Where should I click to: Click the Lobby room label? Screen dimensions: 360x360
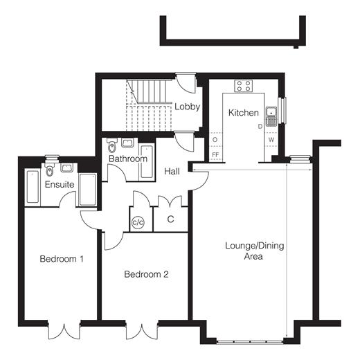[187, 107]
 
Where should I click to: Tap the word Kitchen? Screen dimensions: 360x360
[244, 113]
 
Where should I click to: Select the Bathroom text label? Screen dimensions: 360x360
[128, 159]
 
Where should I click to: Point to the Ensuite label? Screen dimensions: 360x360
[60, 184]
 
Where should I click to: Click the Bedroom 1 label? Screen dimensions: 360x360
[62, 259]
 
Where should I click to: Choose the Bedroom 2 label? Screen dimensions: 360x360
[146, 274]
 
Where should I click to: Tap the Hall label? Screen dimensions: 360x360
[172, 171]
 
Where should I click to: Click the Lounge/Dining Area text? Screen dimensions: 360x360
[254, 251]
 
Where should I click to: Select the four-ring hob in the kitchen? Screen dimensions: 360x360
[244, 86]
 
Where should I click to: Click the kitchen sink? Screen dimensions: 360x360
[271, 116]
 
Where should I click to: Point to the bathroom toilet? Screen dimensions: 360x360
[112, 145]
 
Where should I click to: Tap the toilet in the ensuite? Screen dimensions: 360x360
[49, 169]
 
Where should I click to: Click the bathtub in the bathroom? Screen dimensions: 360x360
[147, 161]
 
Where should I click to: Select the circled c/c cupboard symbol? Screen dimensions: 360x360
[138, 222]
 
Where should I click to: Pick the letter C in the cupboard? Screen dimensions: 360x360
[170, 219]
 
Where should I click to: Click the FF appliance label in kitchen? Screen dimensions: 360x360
[215, 154]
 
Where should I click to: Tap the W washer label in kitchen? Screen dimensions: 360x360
[271, 140]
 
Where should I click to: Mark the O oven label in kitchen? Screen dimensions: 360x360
[215, 140]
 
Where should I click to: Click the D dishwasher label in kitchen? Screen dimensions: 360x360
[260, 127]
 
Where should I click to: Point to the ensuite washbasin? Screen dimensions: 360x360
[66, 168]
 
